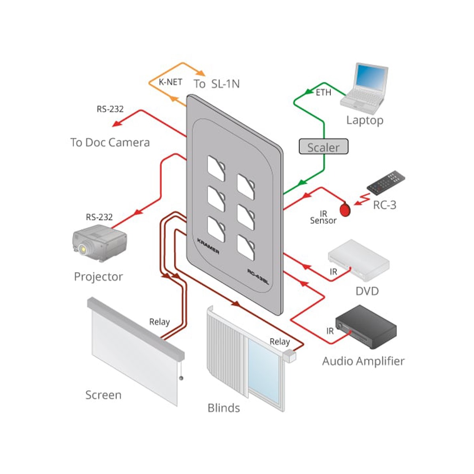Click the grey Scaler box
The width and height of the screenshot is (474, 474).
click(x=324, y=147)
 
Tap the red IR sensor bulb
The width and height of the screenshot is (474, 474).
click(x=345, y=209)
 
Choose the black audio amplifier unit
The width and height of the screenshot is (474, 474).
click(x=366, y=326)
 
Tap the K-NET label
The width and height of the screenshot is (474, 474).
click(x=170, y=82)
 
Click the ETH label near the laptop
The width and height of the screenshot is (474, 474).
click(x=323, y=93)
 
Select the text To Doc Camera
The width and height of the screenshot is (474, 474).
click(x=110, y=143)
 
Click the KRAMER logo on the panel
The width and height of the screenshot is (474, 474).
click(x=208, y=246)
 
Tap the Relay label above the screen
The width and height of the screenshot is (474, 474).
click(x=159, y=322)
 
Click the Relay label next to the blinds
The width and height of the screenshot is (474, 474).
click(x=280, y=342)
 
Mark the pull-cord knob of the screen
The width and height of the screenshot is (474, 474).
click(x=181, y=378)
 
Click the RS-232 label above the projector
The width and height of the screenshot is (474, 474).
click(x=99, y=217)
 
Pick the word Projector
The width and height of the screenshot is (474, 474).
click(x=98, y=276)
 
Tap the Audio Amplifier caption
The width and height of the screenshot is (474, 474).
click(x=363, y=361)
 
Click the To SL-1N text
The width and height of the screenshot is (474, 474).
click(x=216, y=84)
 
